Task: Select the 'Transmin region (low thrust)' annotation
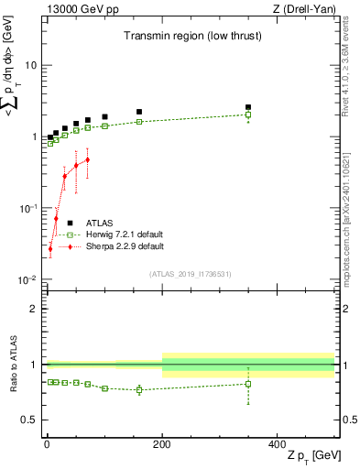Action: (184, 37)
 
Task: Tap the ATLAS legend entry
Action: (100, 223)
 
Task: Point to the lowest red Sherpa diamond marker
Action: (50, 248)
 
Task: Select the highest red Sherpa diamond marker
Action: (87, 159)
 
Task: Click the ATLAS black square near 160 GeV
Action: (139, 112)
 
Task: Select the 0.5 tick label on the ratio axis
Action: (29, 420)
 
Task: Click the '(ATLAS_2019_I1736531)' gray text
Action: (190, 274)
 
